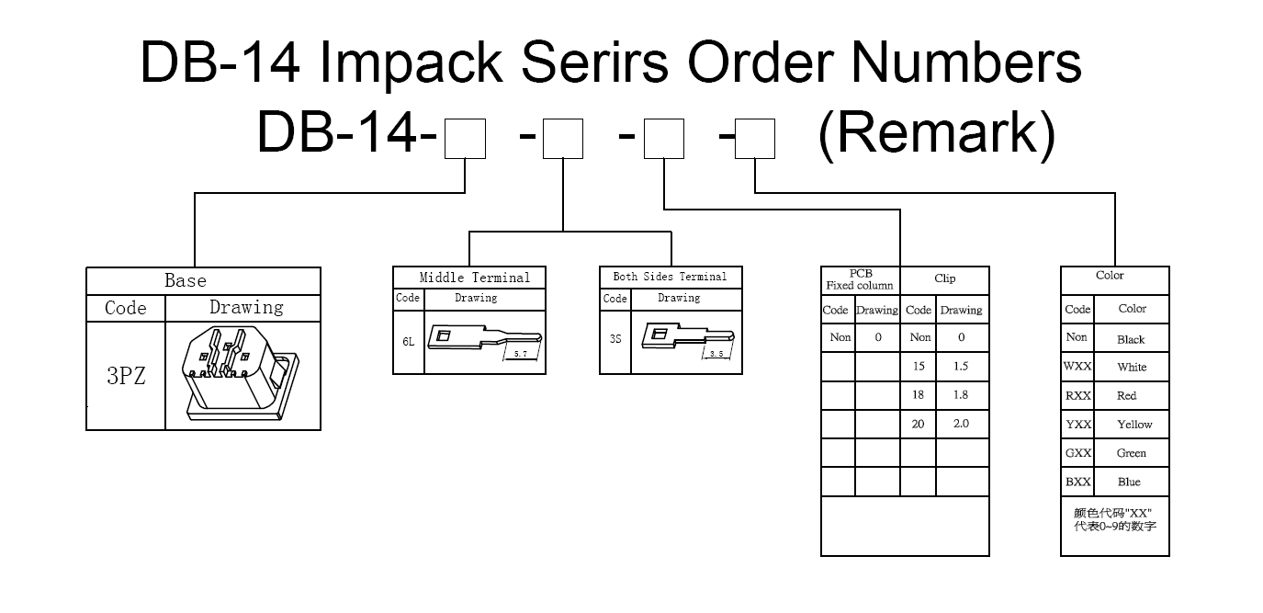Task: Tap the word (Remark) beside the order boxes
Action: pos(937,134)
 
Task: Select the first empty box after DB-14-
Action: pos(465,139)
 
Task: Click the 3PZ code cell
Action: pos(126,376)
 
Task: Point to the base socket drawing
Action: pos(242,373)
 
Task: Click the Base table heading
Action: pos(186,280)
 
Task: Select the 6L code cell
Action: pos(408,341)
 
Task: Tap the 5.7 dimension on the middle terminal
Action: pos(521,354)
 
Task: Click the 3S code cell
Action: pos(615,339)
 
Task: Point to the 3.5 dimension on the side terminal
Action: pos(716,354)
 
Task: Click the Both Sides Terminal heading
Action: pos(670,277)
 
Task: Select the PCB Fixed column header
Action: pos(860,279)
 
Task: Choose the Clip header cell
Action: pos(945,278)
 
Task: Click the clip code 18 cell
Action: pos(918,395)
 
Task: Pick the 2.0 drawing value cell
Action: pos(962,424)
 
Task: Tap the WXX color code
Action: pos(1077,367)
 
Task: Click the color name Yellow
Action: pos(1134,425)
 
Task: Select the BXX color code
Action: pos(1078,482)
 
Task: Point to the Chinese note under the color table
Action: pos(1115,519)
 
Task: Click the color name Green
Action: pos(1131,453)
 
